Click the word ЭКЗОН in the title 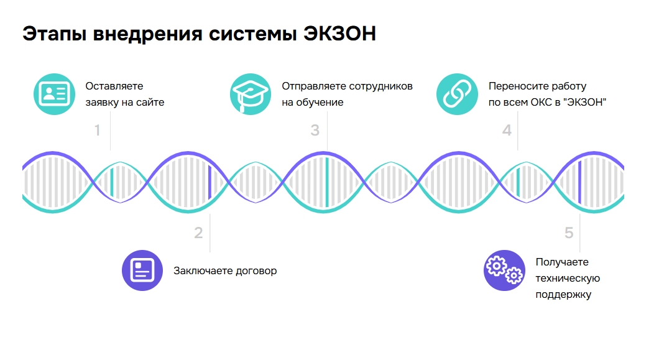click(339, 34)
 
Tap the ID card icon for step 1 click(54, 94)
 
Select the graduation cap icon click(251, 94)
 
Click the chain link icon click(458, 94)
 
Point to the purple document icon click(142, 270)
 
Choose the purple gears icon click(504, 270)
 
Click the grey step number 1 click(97, 131)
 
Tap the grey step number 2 click(198, 233)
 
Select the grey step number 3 click(315, 131)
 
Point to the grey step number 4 click(507, 131)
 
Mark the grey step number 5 click(569, 233)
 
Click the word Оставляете click(114, 86)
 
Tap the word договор click(256, 271)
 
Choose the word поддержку click(563, 294)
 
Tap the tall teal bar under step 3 click(327, 182)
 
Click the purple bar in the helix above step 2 click(210, 182)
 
